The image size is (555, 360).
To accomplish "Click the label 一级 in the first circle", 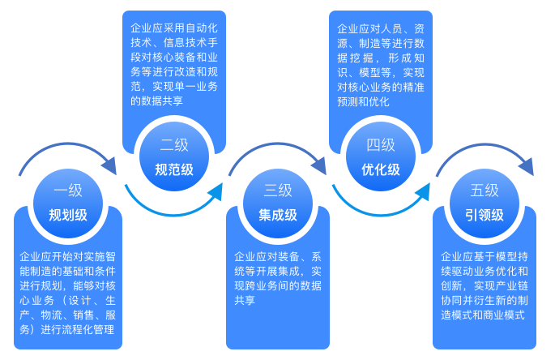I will pyautogui.click(x=68, y=191).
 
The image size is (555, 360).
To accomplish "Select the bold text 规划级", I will pyautogui.click(x=68, y=215).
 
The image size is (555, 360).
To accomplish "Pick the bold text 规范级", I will pyautogui.click(x=174, y=169).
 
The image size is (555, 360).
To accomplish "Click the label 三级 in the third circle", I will pyautogui.click(x=278, y=191).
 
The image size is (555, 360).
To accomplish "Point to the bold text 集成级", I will pyautogui.click(x=278, y=215).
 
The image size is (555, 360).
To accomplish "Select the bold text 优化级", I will pyautogui.click(x=381, y=169).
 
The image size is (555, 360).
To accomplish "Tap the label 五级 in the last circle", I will pyautogui.click(x=485, y=191).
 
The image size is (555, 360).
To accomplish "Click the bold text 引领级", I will pyautogui.click(x=485, y=215).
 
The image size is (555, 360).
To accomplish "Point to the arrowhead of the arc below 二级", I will pyautogui.click(x=215, y=191).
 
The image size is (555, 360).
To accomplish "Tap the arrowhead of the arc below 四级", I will pyautogui.click(x=422, y=191).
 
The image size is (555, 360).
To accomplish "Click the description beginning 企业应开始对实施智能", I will pyautogui.click(x=68, y=293).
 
